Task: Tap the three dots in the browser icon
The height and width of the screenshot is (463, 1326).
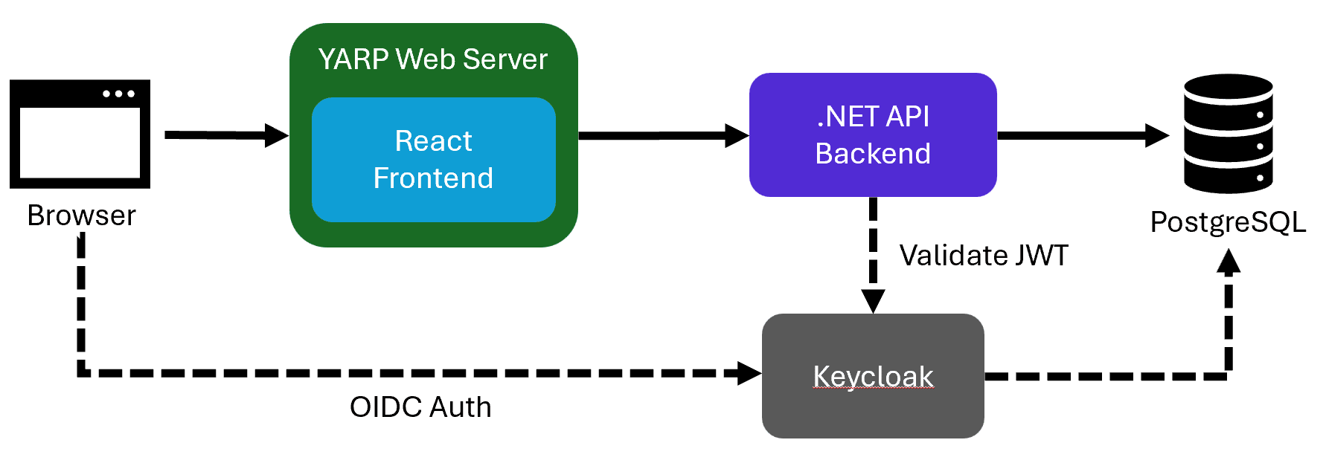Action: (x=119, y=94)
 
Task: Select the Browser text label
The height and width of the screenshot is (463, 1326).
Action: (x=81, y=216)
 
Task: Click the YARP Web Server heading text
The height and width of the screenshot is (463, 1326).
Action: (x=432, y=59)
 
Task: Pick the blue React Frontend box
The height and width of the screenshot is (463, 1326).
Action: (x=434, y=160)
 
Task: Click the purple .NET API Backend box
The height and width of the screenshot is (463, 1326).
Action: (x=872, y=135)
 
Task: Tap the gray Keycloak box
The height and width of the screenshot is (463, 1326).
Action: (x=872, y=376)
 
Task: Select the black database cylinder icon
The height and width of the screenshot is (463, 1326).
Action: (x=1228, y=134)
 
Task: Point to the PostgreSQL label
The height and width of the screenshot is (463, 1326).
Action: (x=1228, y=222)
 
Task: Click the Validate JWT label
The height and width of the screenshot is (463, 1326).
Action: (x=983, y=256)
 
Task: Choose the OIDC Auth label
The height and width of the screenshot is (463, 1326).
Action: (x=420, y=407)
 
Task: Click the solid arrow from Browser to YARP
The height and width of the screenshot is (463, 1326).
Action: (x=223, y=135)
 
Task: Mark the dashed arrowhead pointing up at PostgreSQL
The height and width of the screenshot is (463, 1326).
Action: (x=1228, y=262)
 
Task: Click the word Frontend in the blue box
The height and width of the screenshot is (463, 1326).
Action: (x=433, y=178)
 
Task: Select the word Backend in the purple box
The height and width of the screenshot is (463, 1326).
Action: (x=872, y=154)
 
